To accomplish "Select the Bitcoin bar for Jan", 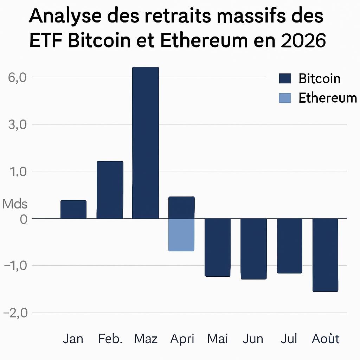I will [x=73, y=210].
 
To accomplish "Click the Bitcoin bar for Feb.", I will [x=110, y=190].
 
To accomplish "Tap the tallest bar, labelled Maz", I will [x=146, y=143].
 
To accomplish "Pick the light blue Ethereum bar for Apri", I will [x=181, y=235].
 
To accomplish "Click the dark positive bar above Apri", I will [x=181, y=207].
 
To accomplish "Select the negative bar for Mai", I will [x=218, y=247].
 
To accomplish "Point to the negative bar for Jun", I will [x=253, y=249].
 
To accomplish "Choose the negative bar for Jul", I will [x=290, y=246].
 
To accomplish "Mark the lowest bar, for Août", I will [x=326, y=255].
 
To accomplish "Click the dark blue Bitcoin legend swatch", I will [x=285, y=78].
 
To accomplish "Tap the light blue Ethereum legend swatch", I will [x=285, y=98].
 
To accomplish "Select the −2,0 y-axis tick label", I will [x=15, y=313].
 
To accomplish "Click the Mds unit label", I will [x=15, y=204].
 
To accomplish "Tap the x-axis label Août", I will [x=326, y=339].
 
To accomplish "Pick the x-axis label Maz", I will [x=146, y=339].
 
